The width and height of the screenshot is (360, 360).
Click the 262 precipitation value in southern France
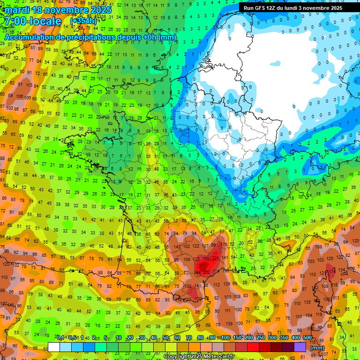tap(207, 272)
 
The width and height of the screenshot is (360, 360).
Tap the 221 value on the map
tap(216, 258)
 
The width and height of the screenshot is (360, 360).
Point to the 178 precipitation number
tap(225, 245)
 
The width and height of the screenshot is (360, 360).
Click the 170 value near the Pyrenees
tap(198, 299)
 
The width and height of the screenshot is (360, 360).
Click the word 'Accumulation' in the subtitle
tap(29, 37)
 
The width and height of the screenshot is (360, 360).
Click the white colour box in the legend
tap(53, 347)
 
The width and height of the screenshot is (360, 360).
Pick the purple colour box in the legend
tap(300, 347)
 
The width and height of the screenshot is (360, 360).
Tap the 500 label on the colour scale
tap(307, 338)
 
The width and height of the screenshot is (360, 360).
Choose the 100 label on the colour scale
tap(225, 338)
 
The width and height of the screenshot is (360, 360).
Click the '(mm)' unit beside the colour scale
tap(317, 348)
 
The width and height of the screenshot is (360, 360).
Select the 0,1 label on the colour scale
tap(60, 338)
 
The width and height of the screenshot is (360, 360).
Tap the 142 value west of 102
tap(177, 247)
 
